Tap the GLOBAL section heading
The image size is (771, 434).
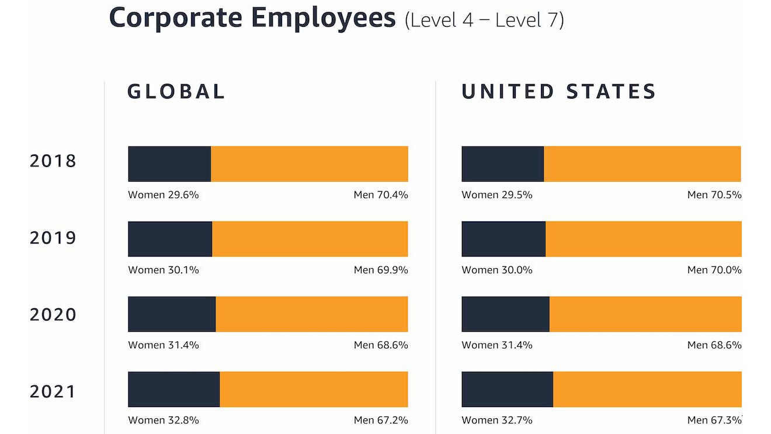tap(176, 92)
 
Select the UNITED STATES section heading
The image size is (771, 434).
tap(559, 92)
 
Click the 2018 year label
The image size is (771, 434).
tap(53, 161)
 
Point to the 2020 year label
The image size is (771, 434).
tap(53, 315)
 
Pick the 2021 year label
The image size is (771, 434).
tap(53, 391)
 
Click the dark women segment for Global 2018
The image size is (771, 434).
tap(169, 164)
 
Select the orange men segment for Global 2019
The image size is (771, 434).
tap(310, 239)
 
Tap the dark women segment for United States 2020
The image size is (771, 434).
tap(505, 314)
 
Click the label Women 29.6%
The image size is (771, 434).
tap(164, 195)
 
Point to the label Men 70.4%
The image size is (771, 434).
tap(381, 195)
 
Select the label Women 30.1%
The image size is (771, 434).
tap(164, 270)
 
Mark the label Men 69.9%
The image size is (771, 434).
tap(381, 270)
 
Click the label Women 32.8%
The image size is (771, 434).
tap(164, 420)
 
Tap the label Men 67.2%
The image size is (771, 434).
tap(381, 420)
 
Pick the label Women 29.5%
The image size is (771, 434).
tap(497, 195)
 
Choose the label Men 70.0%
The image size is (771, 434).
tap(714, 270)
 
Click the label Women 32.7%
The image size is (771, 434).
tap(497, 420)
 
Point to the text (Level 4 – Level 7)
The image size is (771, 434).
tap(484, 20)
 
